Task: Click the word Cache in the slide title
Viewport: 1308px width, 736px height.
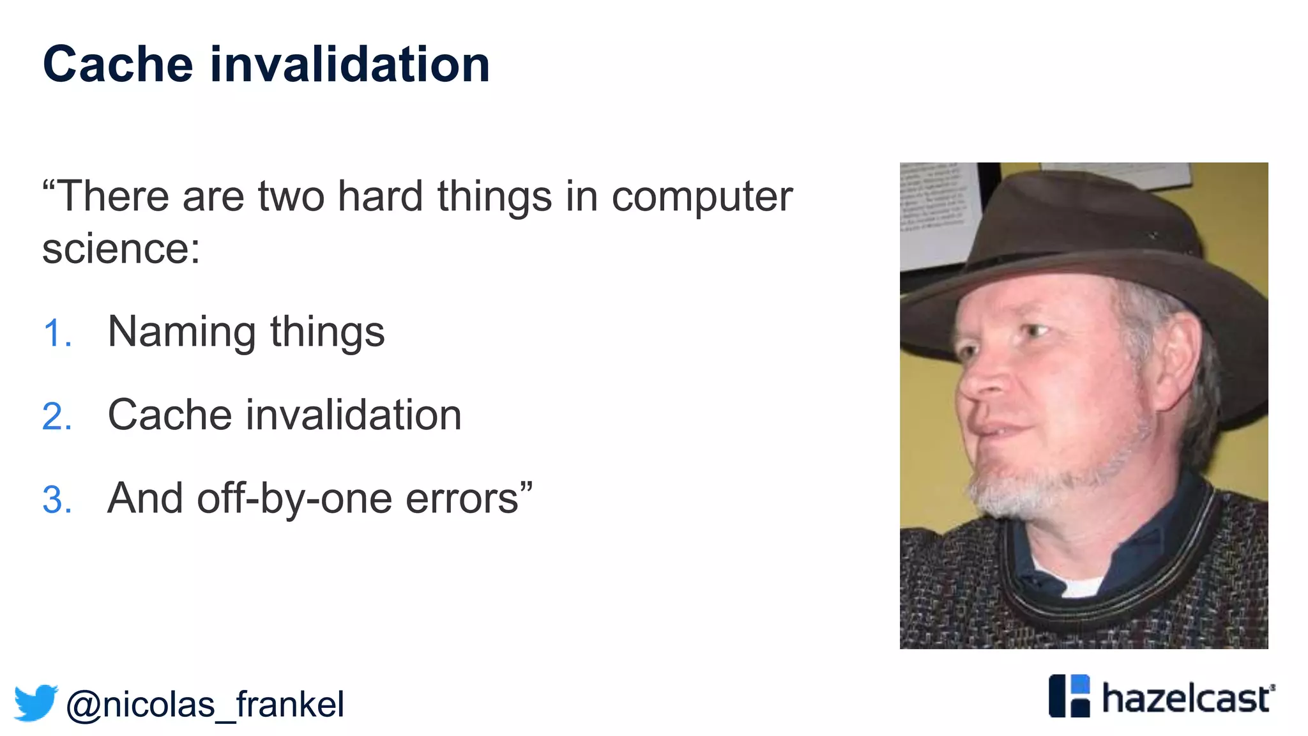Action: [x=118, y=65]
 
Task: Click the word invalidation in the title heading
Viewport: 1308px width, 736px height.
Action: [x=349, y=65]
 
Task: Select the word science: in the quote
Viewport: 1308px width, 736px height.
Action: [x=121, y=249]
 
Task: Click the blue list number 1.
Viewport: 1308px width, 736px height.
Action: [x=57, y=333]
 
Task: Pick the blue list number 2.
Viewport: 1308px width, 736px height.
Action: [x=57, y=417]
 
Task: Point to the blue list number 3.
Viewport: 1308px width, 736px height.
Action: [x=57, y=500]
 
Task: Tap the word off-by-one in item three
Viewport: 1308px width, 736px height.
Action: [x=294, y=498]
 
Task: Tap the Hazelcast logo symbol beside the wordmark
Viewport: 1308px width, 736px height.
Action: [x=1069, y=696]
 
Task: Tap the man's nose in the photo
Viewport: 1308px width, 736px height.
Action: [x=987, y=383]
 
